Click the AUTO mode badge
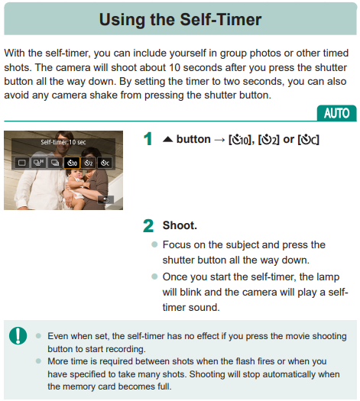point(336,113)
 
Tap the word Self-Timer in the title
point(221,19)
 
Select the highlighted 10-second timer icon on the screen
point(72,163)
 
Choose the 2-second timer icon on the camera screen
point(88,163)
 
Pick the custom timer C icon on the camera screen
point(105,163)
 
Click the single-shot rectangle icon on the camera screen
point(21,163)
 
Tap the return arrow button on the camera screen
point(105,199)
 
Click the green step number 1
point(148,139)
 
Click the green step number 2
point(148,225)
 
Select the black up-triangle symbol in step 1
point(168,139)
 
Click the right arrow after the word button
point(219,140)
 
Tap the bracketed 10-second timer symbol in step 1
point(240,140)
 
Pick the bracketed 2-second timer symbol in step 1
point(268,140)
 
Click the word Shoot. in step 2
point(180,225)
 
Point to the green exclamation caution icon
point(18,335)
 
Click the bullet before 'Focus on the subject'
point(154,244)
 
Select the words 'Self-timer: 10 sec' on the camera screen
point(63,142)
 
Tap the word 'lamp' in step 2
point(328,277)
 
